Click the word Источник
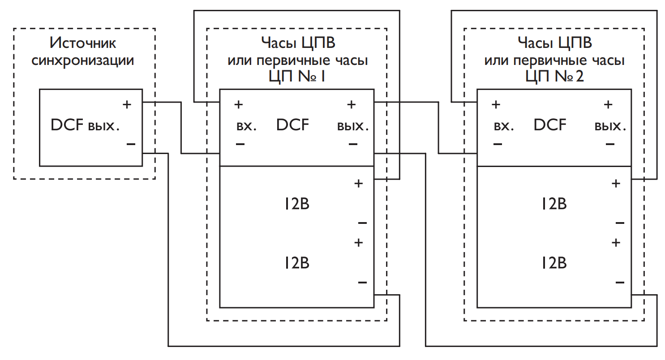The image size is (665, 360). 83,43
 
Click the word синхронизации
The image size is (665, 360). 83,60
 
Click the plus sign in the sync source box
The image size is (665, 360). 127,105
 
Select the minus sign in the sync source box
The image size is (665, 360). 130,144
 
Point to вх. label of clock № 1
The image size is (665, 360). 246,126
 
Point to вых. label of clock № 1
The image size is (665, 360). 353,126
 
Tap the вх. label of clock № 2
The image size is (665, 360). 504,126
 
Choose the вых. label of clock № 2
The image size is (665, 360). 610,126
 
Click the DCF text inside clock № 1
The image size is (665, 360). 292,125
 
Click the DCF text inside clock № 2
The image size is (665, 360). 550,125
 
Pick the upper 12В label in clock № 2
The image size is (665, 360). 553,205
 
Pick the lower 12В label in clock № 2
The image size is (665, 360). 553,263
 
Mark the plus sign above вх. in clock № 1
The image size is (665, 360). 239,105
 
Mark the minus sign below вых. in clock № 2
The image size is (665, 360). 609,144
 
